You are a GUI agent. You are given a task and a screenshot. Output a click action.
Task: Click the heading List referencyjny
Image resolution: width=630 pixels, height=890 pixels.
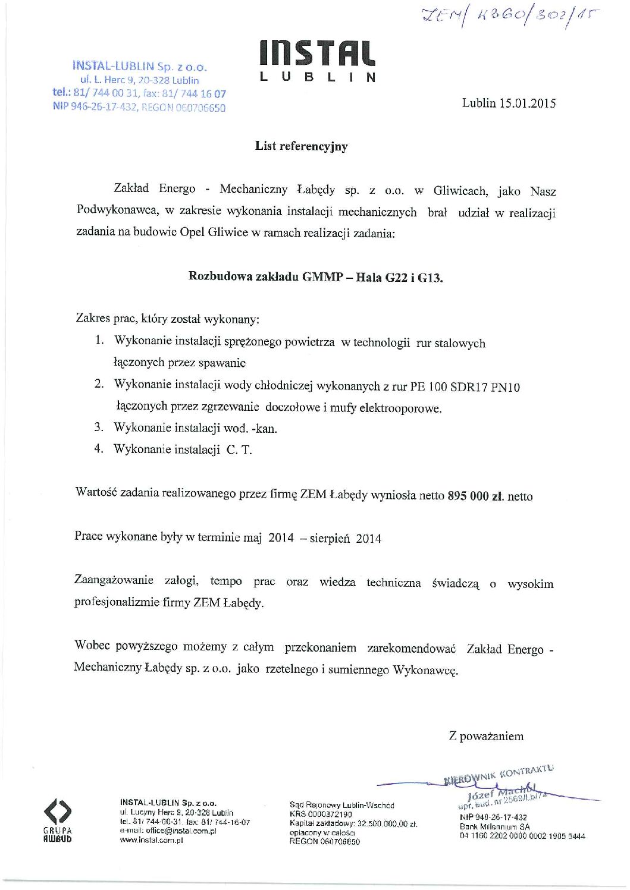301,146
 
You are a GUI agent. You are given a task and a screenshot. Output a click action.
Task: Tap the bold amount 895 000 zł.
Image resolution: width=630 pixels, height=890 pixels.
475,496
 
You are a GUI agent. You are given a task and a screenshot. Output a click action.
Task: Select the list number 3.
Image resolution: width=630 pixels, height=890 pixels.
99,427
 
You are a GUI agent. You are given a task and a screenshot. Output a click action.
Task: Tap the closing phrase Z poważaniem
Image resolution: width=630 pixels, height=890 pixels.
486,736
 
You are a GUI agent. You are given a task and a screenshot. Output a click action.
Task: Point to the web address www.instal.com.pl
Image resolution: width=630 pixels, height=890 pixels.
151,840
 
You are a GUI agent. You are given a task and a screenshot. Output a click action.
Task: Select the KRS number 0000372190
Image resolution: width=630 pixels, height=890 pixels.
330,814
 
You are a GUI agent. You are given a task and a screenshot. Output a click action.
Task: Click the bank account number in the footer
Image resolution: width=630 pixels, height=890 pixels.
522,836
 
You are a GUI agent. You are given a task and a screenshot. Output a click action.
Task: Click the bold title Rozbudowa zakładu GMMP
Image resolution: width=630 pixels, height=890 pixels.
264,276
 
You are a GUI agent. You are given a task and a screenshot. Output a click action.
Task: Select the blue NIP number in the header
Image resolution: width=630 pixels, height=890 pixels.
95,107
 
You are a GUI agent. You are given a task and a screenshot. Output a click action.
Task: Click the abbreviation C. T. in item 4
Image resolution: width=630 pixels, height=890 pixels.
239,449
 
